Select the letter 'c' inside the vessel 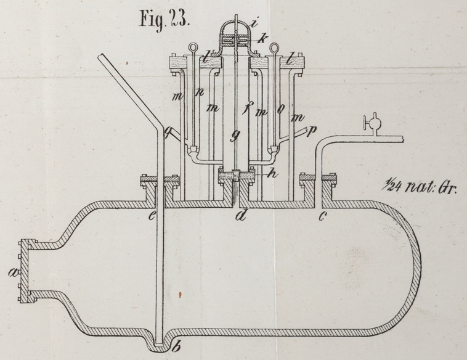click(x=323, y=216)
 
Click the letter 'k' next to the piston click(x=264, y=39)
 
